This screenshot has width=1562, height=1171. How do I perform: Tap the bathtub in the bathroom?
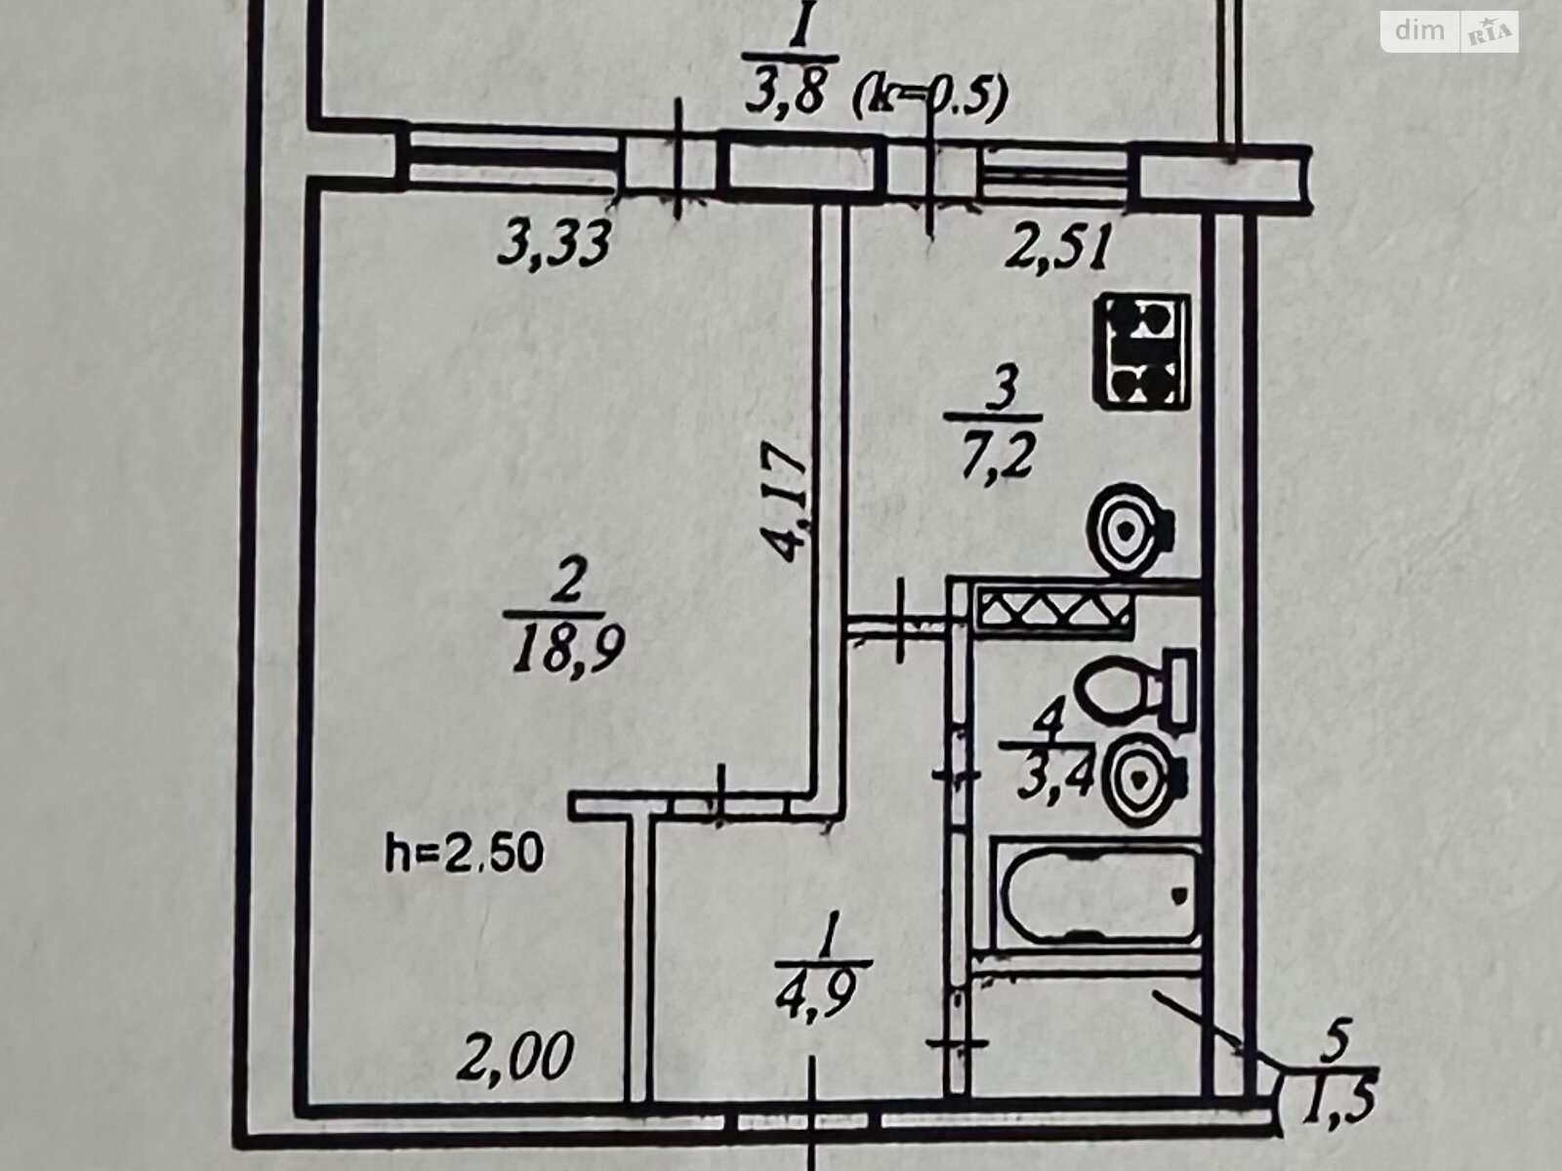(1095, 893)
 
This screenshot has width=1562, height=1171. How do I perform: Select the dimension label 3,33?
(555, 243)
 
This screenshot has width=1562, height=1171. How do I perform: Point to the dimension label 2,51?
(1057, 249)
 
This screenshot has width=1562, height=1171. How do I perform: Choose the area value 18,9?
(566, 647)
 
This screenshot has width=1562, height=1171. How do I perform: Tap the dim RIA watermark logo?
(1449, 31)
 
